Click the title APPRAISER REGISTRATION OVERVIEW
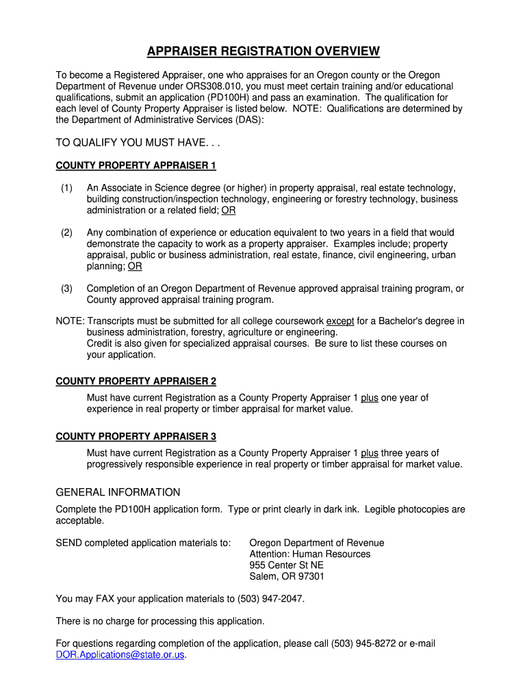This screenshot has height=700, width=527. pos(263,52)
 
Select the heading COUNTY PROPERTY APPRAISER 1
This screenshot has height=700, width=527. pos(136,165)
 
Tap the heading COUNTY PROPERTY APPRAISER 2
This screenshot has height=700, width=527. pos(136,381)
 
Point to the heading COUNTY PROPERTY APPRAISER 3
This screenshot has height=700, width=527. pos(136,436)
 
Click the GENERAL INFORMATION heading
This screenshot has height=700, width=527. pos(118,492)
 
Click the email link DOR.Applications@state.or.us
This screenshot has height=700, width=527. pos(120,655)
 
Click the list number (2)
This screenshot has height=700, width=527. pos(66,232)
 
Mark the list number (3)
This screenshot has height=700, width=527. pos(66,288)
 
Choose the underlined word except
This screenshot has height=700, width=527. pos(340,321)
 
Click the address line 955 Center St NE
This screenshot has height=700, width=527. pos(286,565)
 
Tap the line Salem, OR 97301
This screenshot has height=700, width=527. pos(287,576)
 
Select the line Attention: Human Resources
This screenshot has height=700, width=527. pos(309,554)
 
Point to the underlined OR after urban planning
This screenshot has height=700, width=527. pos(135,267)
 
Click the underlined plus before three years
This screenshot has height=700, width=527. pos(370,453)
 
